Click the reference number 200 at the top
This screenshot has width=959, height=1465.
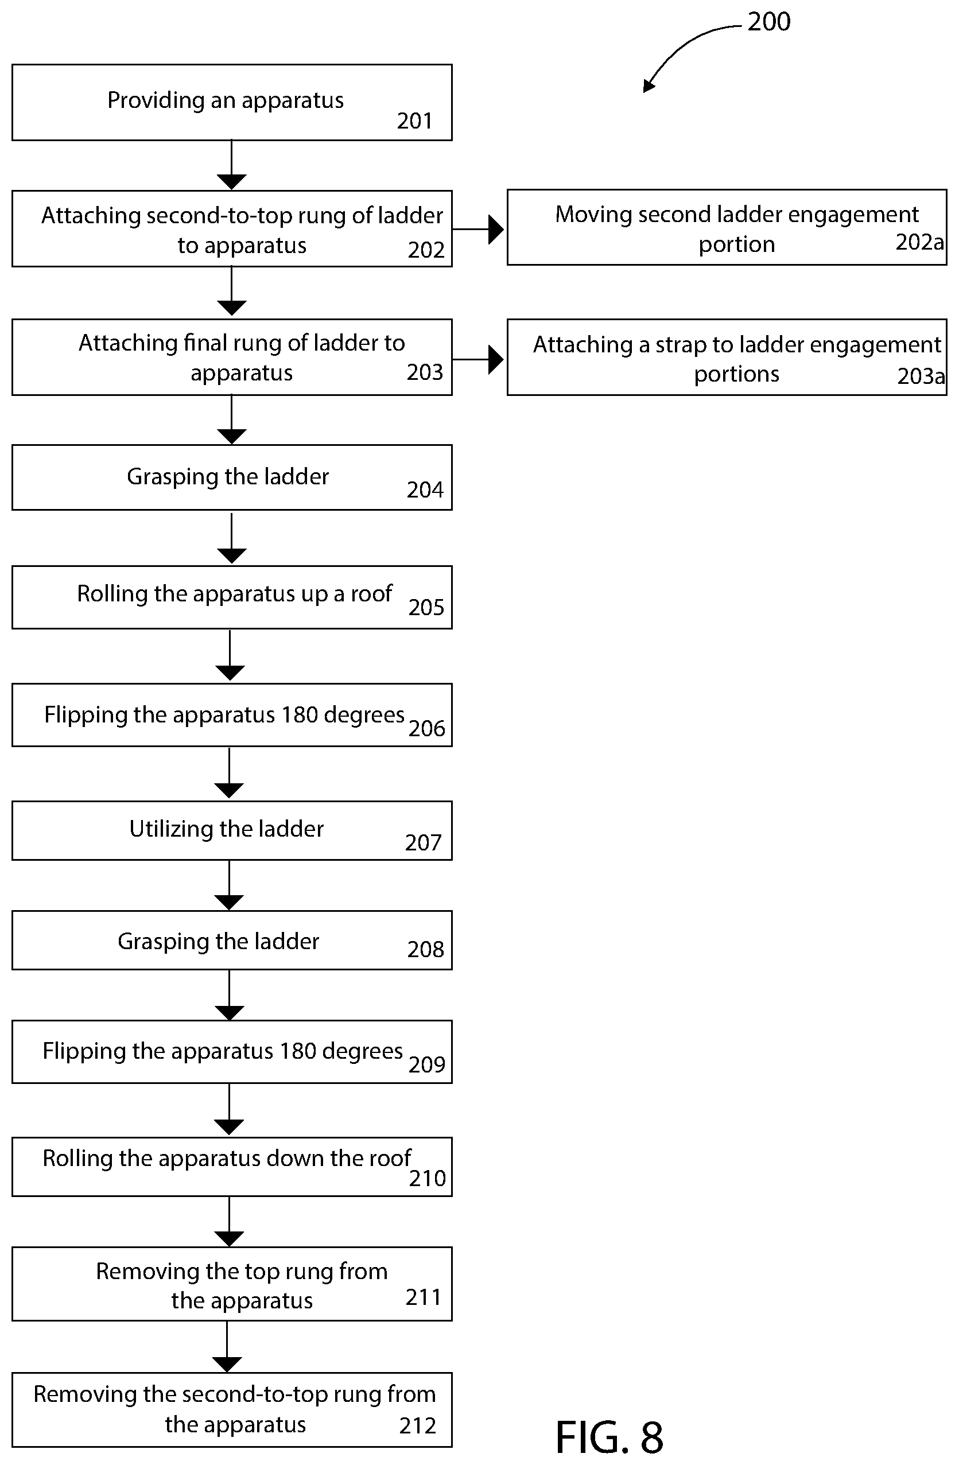769,22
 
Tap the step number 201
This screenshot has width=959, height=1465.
414,121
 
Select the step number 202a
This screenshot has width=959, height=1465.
919,243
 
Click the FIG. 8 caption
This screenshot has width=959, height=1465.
609,1438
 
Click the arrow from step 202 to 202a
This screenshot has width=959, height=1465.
478,230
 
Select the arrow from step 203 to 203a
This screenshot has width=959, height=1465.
478,359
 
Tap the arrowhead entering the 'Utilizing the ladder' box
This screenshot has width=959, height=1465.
229,791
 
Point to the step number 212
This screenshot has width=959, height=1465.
417,1425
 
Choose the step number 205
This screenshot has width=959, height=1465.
426,608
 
